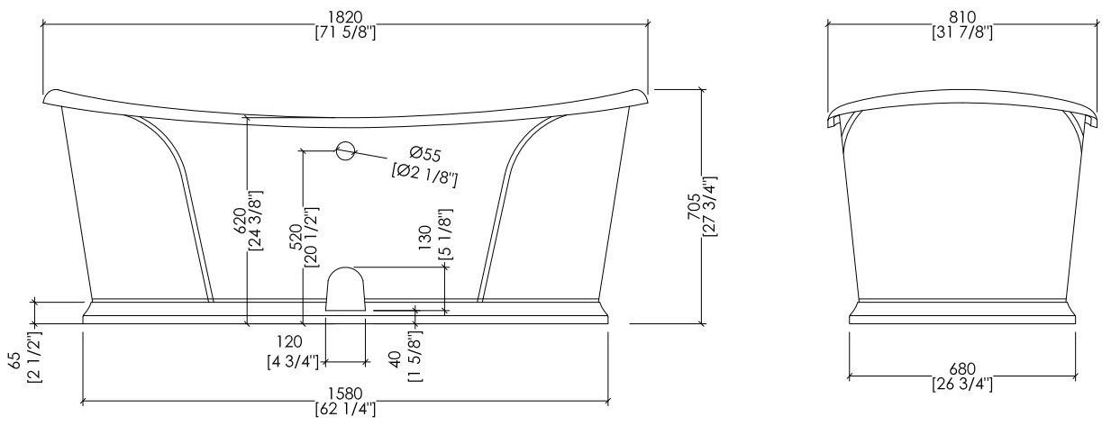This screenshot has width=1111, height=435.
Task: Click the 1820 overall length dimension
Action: click(x=346, y=17)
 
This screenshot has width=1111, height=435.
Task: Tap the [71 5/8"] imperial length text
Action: click(x=346, y=32)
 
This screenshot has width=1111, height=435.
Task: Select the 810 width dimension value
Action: click(x=962, y=17)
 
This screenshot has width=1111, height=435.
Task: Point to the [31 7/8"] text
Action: click(x=962, y=32)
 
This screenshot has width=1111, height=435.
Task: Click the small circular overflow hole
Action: click(x=346, y=150)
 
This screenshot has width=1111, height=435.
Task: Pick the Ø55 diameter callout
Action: click(x=425, y=154)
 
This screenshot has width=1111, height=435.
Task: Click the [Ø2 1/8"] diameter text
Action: click(x=424, y=175)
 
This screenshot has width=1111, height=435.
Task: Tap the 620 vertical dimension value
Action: click(x=240, y=221)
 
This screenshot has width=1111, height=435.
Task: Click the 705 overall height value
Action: click(x=694, y=206)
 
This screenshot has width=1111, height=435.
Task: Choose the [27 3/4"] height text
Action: click(x=710, y=206)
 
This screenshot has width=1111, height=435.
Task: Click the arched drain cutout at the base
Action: click(x=345, y=289)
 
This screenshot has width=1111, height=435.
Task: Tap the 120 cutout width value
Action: click(x=289, y=341)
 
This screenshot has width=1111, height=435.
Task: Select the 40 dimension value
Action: click(x=396, y=359)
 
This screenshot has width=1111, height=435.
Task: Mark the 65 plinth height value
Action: click(x=15, y=360)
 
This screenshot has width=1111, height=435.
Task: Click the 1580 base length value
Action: click(x=345, y=394)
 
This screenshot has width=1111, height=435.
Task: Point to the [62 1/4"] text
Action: click(x=345, y=409)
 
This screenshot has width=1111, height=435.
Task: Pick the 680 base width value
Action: click(x=962, y=369)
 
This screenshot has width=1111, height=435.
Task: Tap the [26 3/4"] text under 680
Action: click(x=962, y=385)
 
